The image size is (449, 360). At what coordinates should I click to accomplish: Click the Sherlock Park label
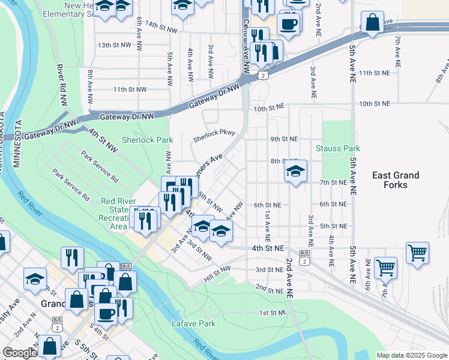coord(147,140)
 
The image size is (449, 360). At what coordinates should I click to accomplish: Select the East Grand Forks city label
coord(396,180)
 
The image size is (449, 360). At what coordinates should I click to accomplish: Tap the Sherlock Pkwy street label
coord(213,138)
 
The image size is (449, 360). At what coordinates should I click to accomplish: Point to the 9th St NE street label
coord(284,139)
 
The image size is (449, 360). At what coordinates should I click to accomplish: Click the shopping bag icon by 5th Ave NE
coord(372,22)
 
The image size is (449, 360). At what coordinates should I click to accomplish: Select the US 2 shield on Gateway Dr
coord(263,75)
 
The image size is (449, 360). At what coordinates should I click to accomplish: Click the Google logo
coord(20,353)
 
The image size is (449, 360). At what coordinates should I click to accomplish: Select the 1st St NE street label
coord(271,313)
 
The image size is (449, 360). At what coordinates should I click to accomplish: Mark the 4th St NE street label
coord(268,247)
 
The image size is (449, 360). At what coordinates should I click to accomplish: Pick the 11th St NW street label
coord(130,89)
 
